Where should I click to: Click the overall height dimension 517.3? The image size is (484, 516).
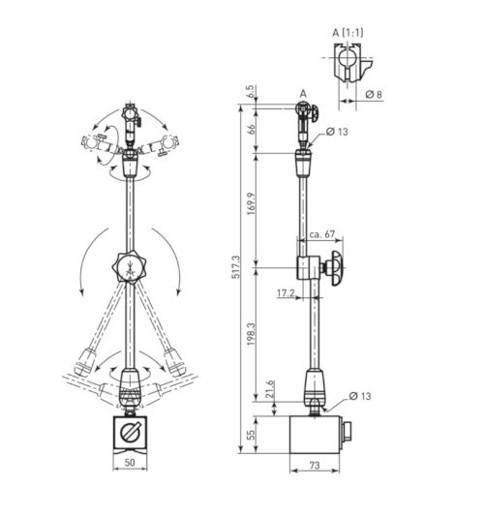[236, 267]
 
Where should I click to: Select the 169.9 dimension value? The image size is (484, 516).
[252, 203]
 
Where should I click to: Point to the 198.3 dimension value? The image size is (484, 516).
[252, 334]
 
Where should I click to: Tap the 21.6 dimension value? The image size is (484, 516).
[270, 389]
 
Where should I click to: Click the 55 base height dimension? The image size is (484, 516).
[251, 435]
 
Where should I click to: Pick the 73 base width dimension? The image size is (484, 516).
[315, 465]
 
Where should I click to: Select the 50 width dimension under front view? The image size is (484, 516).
[130, 463]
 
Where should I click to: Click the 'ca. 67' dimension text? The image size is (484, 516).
[321, 234]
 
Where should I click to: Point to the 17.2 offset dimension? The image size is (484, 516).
[286, 292]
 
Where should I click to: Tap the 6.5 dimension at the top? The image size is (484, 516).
[250, 91]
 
